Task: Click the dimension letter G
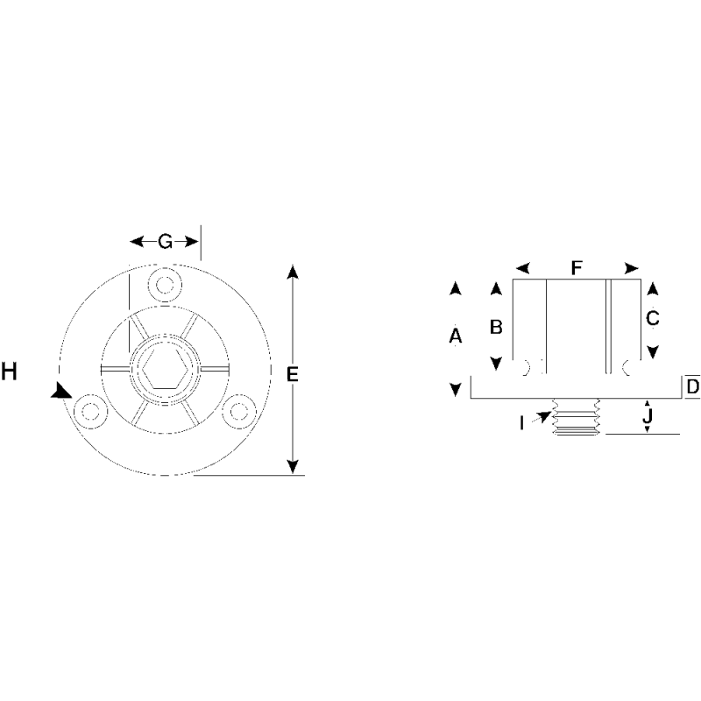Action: [165, 242]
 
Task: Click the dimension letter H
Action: [10, 372]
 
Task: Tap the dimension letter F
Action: [576, 268]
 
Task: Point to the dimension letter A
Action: [455, 336]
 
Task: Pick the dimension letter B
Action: [495, 327]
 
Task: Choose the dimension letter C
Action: [652, 319]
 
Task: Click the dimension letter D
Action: [692, 386]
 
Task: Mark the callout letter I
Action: [522, 423]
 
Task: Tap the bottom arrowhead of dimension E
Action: [293, 468]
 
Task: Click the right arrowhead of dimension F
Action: [630, 268]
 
